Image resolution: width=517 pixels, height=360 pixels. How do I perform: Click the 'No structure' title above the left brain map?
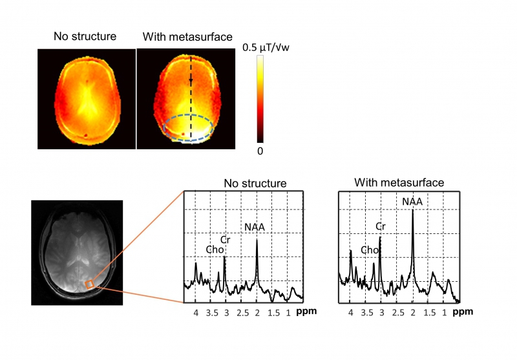pos(85,37)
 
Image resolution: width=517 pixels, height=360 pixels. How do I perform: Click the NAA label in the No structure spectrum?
pos(255,227)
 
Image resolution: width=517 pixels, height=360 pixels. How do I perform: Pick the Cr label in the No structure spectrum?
pos(226,240)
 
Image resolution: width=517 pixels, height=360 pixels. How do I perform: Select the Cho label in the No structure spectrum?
pos(214,249)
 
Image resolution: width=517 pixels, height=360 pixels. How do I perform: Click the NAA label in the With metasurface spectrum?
pos(412,202)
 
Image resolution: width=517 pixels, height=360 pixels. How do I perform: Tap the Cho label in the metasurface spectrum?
pos(370,249)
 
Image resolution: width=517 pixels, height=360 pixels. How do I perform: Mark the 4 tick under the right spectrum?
pos(351,312)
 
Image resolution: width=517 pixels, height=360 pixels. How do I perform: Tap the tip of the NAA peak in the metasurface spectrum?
pos(412,209)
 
